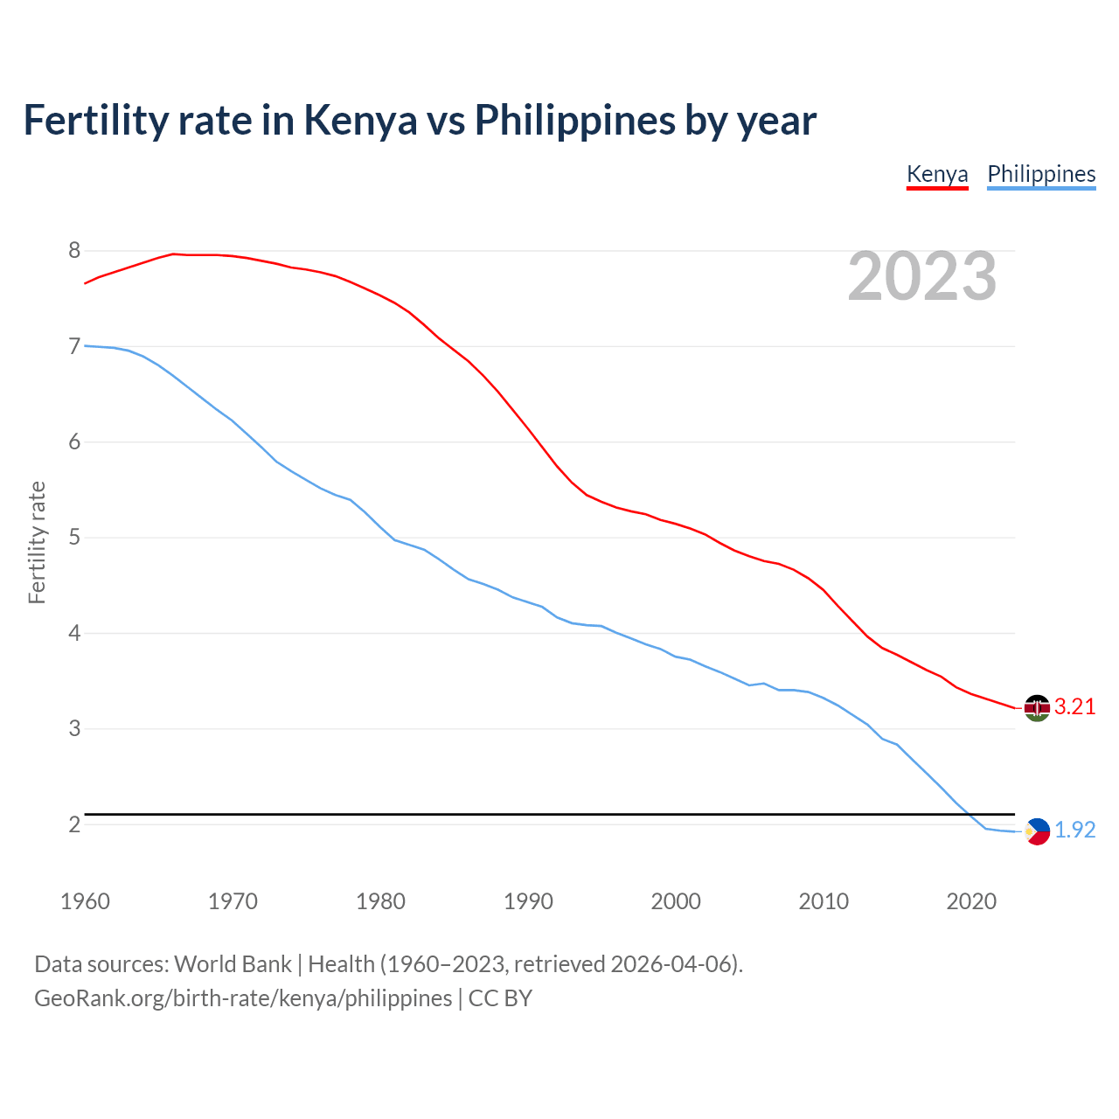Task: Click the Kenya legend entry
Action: pyautogui.click(x=937, y=174)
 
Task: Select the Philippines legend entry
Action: pyautogui.click(x=1041, y=174)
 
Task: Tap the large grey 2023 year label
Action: pyautogui.click(x=922, y=276)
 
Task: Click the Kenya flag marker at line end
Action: pyautogui.click(x=1037, y=708)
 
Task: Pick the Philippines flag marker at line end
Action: pyautogui.click(x=1037, y=831)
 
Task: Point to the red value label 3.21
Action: pyautogui.click(x=1074, y=707)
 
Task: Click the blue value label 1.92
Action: pyautogui.click(x=1074, y=831)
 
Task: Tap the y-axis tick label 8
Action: pyautogui.click(x=74, y=251)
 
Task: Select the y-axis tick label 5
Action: pyautogui.click(x=74, y=538)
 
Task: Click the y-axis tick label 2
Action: pyautogui.click(x=74, y=824)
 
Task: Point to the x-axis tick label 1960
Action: pyautogui.click(x=85, y=901)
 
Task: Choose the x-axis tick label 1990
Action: pyautogui.click(x=528, y=901)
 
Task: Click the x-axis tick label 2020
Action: pyautogui.click(x=971, y=901)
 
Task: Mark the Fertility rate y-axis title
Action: pyautogui.click(x=37, y=542)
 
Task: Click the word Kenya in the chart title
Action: pyautogui.click(x=360, y=120)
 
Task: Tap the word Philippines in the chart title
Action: pyautogui.click(x=574, y=120)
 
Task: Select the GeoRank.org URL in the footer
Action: pyautogui.click(x=243, y=998)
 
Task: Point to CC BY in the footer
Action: pyautogui.click(x=500, y=998)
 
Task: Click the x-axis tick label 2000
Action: pyautogui.click(x=676, y=901)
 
